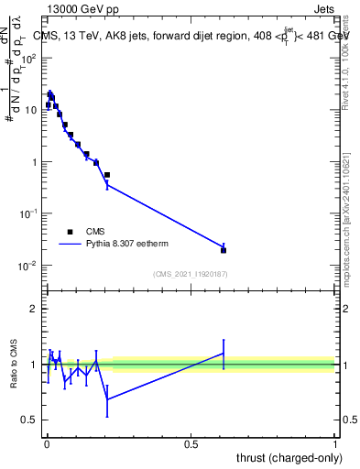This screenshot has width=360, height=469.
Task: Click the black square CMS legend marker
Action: tap(70, 232)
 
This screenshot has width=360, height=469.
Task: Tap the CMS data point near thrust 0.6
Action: tap(224, 250)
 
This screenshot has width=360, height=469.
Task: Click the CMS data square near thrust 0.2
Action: tap(107, 174)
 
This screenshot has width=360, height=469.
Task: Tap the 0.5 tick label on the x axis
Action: tap(191, 444)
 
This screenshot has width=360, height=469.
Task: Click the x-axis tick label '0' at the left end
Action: tap(46, 444)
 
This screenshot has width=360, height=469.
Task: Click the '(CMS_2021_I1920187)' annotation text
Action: tap(190, 274)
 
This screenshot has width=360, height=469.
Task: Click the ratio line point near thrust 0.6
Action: tap(224, 353)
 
